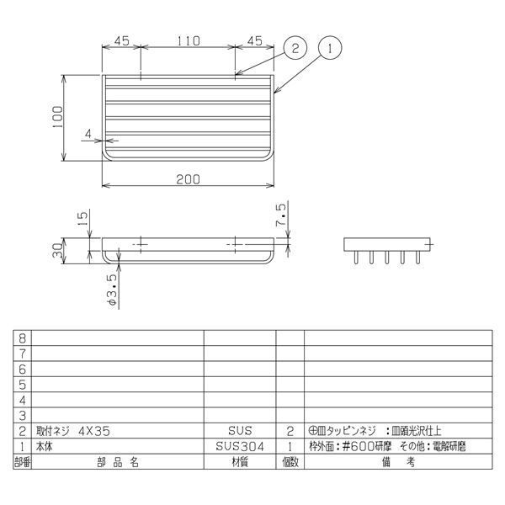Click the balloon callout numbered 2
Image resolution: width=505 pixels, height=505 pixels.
pyautogui.click(x=294, y=49)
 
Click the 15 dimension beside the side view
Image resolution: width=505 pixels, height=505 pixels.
pyautogui.click(x=82, y=221)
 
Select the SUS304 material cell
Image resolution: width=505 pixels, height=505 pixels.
pyautogui.click(x=240, y=447)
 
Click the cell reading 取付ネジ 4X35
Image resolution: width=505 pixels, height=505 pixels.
pyautogui.click(x=73, y=431)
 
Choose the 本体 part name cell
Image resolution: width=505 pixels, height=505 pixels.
pyautogui.click(x=50, y=447)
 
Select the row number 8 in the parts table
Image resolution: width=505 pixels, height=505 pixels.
pyautogui.click(x=22, y=336)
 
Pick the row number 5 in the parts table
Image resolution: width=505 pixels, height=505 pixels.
pyautogui.click(x=22, y=384)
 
